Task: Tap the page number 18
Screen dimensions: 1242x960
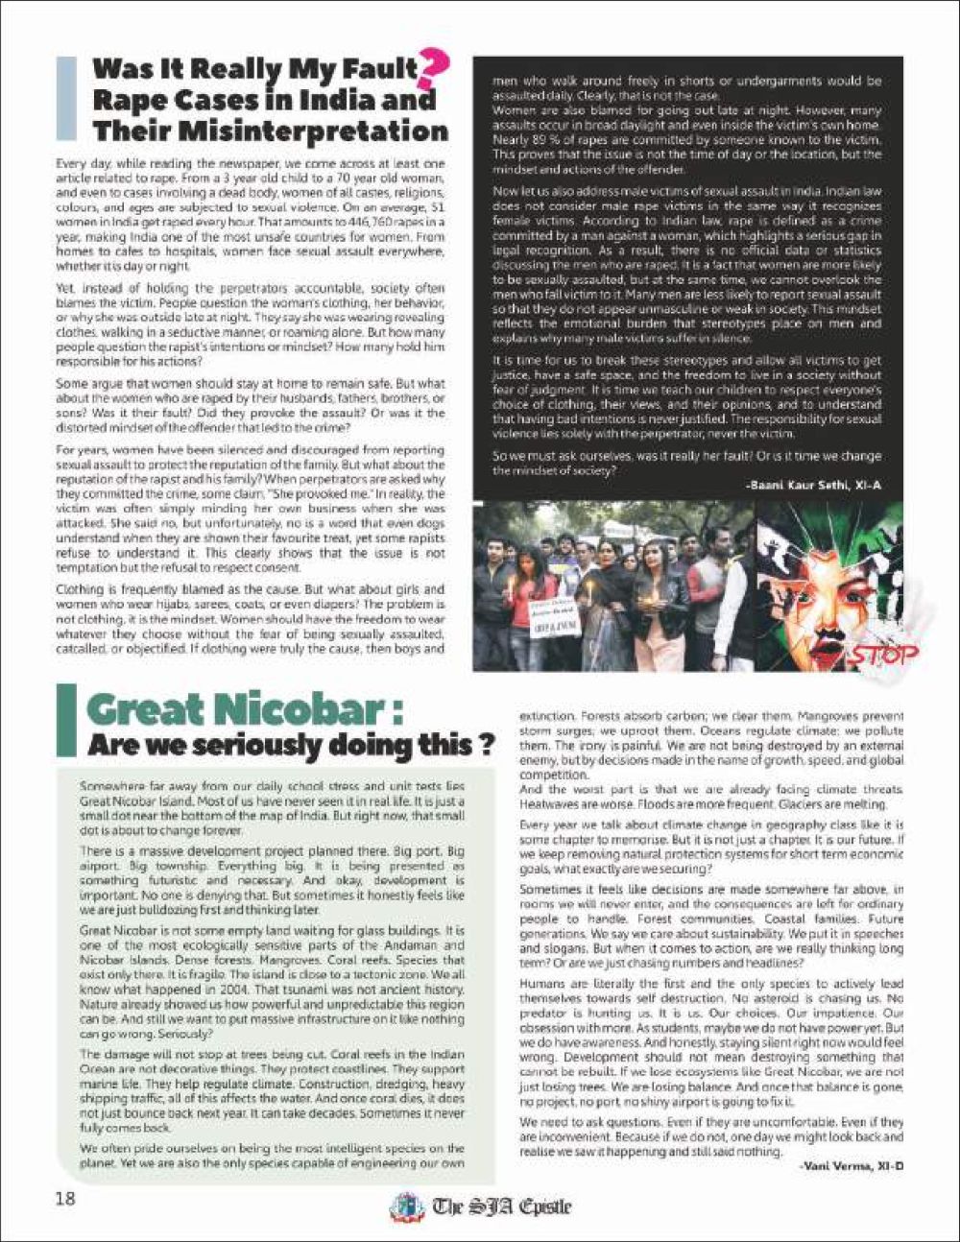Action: pos(65,1199)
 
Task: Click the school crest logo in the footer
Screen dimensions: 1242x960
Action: pos(407,1205)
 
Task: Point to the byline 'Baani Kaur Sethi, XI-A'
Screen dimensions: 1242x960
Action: pos(812,487)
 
